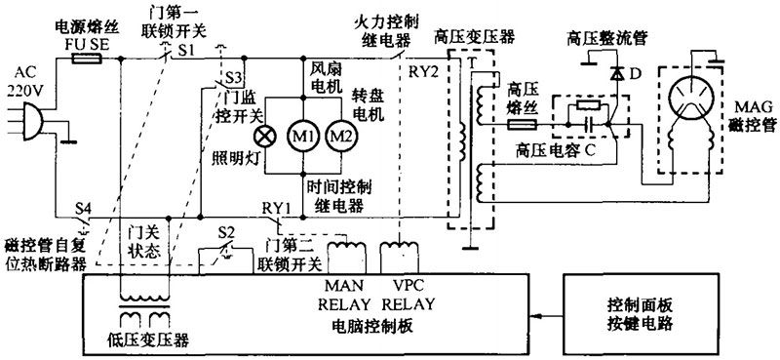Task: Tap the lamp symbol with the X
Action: tap(261, 135)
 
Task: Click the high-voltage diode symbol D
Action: tap(616, 74)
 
